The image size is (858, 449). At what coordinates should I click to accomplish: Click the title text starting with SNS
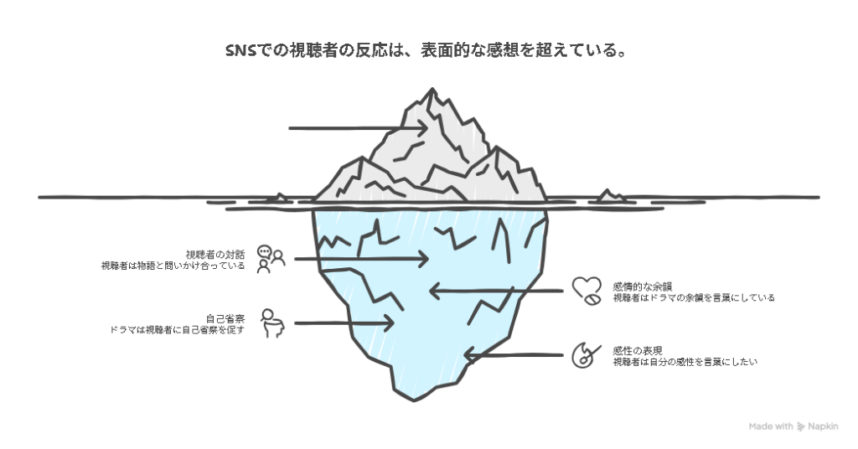click(x=427, y=51)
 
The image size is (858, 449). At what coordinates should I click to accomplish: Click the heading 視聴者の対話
click(x=215, y=254)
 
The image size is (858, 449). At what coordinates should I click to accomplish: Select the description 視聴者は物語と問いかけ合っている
click(x=173, y=266)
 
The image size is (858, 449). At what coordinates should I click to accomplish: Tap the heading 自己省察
click(x=225, y=318)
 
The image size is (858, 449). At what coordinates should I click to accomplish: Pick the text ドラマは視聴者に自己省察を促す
click(x=177, y=330)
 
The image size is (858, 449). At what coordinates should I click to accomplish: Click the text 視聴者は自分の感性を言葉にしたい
click(x=685, y=362)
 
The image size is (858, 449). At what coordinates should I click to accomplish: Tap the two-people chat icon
click(x=271, y=260)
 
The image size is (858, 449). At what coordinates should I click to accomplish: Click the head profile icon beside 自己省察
click(x=271, y=323)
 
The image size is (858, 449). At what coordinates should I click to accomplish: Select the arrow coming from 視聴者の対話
click(x=361, y=260)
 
